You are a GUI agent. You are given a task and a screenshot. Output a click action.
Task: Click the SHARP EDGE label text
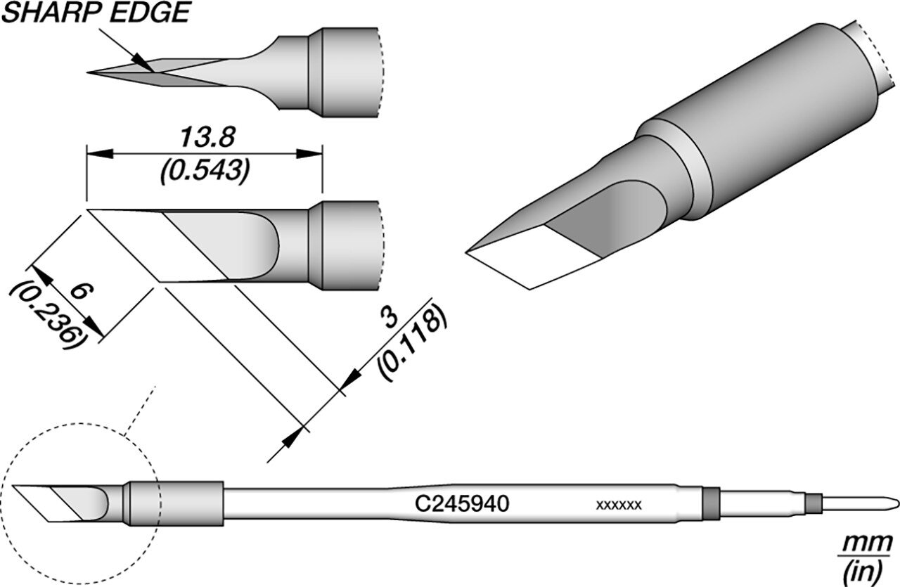(x=96, y=13)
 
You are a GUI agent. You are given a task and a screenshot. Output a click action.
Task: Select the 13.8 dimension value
(x=207, y=137)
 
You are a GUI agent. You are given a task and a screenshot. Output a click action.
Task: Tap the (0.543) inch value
(x=205, y=171)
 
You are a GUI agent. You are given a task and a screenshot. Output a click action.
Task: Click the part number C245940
(x=462, y=504)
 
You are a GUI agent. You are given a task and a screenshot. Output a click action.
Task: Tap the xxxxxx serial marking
(x=619, y=505)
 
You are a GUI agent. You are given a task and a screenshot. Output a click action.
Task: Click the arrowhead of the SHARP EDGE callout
(x=144, y=63)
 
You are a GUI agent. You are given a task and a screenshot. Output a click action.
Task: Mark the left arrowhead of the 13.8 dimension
(x=100, y=153)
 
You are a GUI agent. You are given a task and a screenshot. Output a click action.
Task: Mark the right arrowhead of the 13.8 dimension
(x=309, y=153)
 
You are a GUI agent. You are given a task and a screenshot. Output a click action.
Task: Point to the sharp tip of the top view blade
(x=88, y=72)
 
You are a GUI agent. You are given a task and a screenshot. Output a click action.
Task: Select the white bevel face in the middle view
(x=157, y=245)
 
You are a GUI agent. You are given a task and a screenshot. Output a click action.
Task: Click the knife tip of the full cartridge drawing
(x=13, y=486)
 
